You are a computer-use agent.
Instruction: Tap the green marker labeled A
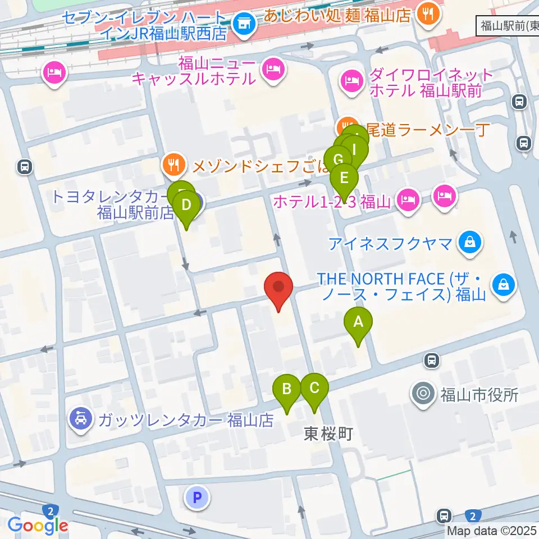[358, 323]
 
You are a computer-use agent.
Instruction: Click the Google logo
[38, 526]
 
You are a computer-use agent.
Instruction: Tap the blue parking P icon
[197, 497]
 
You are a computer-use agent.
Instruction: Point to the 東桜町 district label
[328, 433]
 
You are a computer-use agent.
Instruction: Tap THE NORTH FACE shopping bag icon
[504, 285]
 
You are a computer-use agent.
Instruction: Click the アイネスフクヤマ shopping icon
[468, 243]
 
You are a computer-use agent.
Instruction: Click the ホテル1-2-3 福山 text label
[331, 201]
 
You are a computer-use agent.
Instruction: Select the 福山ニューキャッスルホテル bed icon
[273, 70]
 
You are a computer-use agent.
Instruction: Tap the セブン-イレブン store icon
[244, 24]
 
